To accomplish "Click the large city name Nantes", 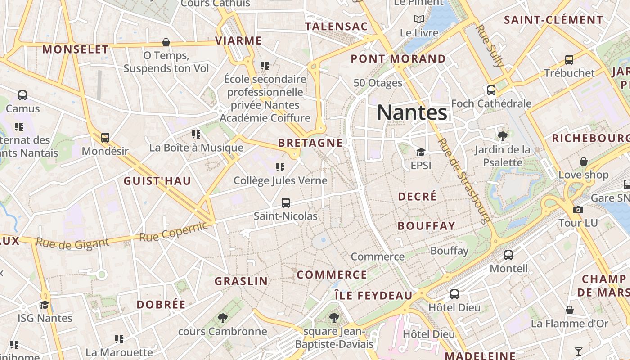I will pyautogui.click(x=412, y=112).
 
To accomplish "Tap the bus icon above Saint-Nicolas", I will pyautogui.click(x=285, y=203).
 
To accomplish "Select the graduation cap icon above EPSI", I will pyautogui.click(x=421, y=152).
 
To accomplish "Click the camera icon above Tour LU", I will pyautogui.click(x=578, y=210).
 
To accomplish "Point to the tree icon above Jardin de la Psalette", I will pyautogui.click(x=503, y=136).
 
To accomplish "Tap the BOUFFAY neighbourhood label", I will pyautogui.click(x=426, y=226).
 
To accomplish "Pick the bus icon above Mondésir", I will pyautogui.click(x=105, y=137).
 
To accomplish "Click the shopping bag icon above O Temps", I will pyautogui.click(x=166, y=43).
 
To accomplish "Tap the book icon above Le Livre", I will pyautogui.click(x=419, y=19).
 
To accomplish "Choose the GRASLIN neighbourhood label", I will pyautogui.click(x=241, y=281).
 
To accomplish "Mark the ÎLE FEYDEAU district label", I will pyautogui.click(x=373, y=296).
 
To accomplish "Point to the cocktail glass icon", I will pyautogui.click(x=579, y=351).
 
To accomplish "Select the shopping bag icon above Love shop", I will pyautogui.click(x=583, y=162).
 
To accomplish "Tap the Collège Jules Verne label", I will pyautogui.click(x=280, y=181).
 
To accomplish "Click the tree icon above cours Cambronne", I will pyautogui.click(x=222, y=318).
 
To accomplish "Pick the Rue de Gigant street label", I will pyautogui.click(x=72, y=243).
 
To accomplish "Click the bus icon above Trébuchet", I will pyautogui.click(x=569, y=59).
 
